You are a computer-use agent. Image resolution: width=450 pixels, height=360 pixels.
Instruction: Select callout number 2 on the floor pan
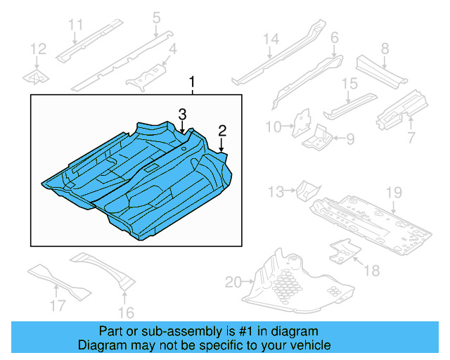click(222, 130)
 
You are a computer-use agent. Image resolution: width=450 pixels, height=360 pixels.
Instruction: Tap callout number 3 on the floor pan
click(181, 113)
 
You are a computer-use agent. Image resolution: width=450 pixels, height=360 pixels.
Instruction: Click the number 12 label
click(38, 49)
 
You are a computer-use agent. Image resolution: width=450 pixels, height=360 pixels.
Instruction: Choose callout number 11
click(76, 26)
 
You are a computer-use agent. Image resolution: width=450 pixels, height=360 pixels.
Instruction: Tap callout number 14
click(271, 39)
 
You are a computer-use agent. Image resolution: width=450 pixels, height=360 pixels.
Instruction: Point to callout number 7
click(411, 136)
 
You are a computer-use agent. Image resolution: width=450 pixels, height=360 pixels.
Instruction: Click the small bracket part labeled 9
click(319, 136)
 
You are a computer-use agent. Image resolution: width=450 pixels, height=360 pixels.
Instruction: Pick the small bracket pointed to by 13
click(307, 189)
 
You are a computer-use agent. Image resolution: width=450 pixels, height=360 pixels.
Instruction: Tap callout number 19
click(393, 192)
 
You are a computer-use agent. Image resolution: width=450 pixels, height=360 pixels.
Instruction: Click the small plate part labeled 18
click(342, 250)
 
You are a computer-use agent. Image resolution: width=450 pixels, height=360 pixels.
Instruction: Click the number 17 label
click(58, 304)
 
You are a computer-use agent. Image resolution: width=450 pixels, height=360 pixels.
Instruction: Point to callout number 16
click(127, 312)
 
